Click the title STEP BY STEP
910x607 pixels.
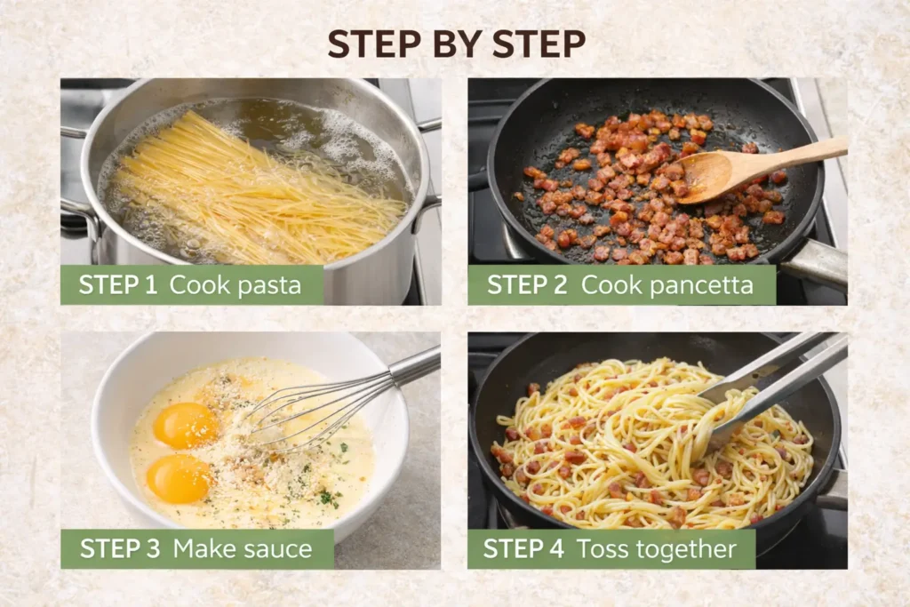(x=456, y=44)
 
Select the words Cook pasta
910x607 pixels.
(x=235, y=285)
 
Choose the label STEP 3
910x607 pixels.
(x=120, y=549)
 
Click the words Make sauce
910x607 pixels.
(x=243, y=549)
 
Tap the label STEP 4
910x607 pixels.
(x=523, y=549)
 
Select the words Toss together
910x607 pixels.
(x=657, y=549)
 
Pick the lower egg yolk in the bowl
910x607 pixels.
(x=179, y=478)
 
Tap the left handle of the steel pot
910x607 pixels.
(x=78, y=218)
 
